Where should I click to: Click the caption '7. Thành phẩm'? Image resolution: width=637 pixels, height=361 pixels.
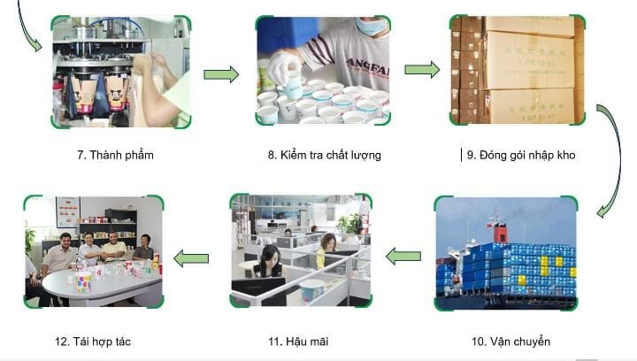(x=115, y=155)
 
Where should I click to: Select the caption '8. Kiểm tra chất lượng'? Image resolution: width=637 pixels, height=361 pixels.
(x=324, y=155)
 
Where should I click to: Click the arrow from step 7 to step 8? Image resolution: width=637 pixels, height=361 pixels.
(x=221, y=74)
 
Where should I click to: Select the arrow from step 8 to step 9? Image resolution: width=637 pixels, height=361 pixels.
(x=422, y=69)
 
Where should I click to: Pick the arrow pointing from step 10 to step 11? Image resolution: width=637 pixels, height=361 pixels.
(x=403, y=257)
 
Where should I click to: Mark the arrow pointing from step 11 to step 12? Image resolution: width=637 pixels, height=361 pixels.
(x=190, y=258)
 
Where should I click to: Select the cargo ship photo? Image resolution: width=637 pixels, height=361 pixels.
(x=505, y=253)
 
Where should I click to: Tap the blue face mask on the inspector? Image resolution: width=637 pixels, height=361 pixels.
(x=371, y=26)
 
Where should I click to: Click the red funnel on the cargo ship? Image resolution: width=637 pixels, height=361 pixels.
(x=500, y=233)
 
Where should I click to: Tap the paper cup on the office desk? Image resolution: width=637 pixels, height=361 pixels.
(x=311, y=289)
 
